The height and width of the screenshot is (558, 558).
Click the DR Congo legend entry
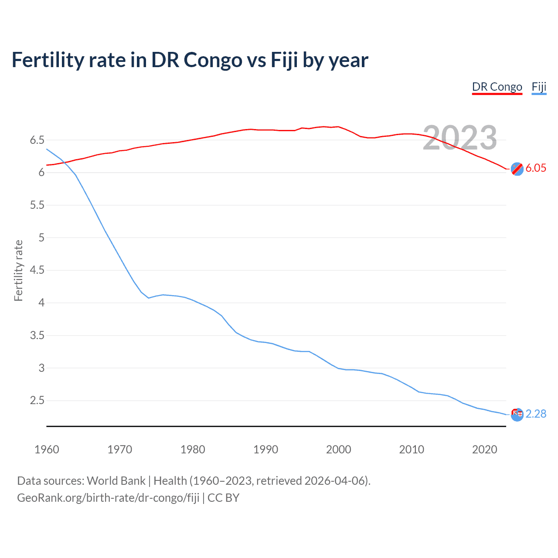click(x=497, y=87)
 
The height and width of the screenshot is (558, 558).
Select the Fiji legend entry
click(x=539, y=87)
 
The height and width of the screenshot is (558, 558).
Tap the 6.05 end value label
click(x=536, y=168)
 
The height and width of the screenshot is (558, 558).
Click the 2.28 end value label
click(x=536, y=414)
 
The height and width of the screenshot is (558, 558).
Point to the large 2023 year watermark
click(x=460, y=138)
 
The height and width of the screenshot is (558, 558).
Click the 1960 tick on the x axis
click(x=47, y=449)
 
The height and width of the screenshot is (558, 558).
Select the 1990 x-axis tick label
click(x=265, y=449)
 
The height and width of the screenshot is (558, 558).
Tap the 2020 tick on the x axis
click(x=484, y=449)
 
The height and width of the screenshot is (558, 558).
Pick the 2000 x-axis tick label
click(x=338, y=449)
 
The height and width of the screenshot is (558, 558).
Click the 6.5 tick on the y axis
click(x=37, y=140)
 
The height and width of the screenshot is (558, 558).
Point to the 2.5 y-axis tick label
click(x=37, y=401)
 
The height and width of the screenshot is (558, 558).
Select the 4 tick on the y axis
click(x=42, y=303)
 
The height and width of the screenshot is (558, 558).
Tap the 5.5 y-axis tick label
click(x=37, y=205)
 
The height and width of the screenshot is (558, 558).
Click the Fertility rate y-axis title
click(x=18, y=270)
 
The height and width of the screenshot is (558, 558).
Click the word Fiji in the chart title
click(x=284, y=60)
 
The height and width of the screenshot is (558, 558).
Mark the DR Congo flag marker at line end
click(x=517, y=169)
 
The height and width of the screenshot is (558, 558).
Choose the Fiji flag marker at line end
click(x=517, y=415)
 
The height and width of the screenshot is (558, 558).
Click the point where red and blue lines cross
click(x=65, y=163)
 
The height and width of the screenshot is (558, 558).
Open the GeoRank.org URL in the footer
click(x=108, y=498)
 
